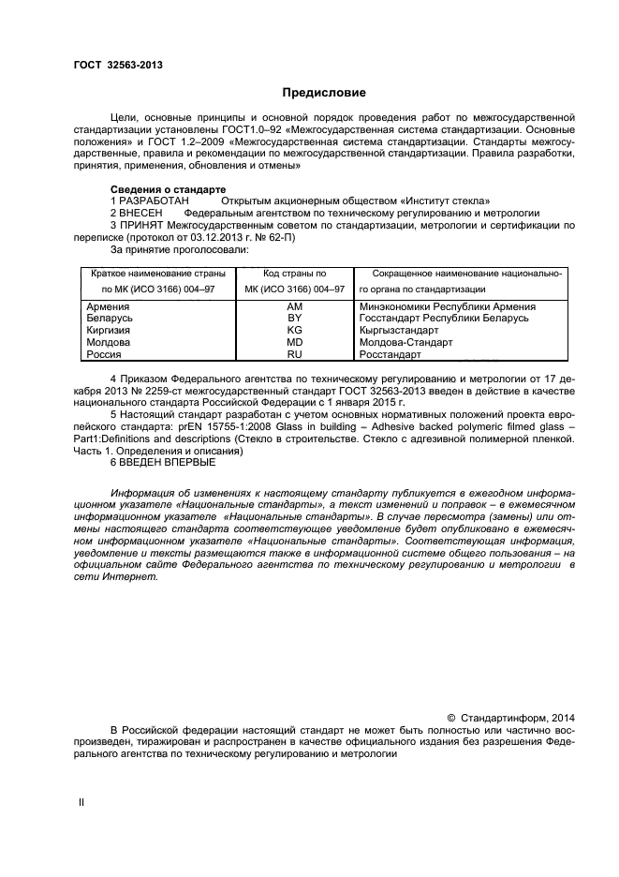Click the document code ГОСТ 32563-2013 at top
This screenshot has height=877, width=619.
tap(118, 65)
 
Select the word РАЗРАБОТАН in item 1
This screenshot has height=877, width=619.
tap(155, 201)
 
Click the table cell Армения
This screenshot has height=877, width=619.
tap(108, 306)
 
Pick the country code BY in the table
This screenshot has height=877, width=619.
tap(294, 319)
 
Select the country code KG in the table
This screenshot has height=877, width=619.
tap(294, 331)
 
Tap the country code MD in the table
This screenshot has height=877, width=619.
tap(294, 343)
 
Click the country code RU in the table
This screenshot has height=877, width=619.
tap(294, 355)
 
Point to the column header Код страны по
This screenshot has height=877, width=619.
tap(294, 274)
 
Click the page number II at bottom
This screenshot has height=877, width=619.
tap(81, 803)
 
